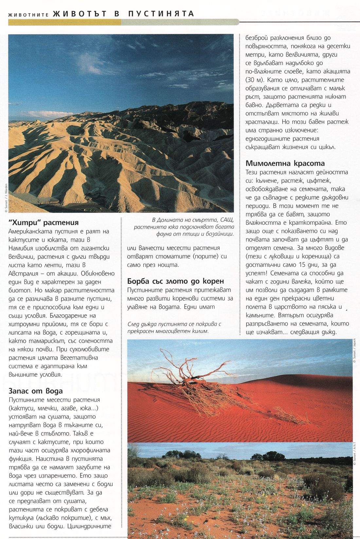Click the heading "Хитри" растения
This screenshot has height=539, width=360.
point(43,222)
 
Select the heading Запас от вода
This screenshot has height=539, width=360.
point(35,391)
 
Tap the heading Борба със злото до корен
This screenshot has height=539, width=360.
point(175,281)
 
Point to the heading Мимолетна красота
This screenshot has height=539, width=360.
point(285,163)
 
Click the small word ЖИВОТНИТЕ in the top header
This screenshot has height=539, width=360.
point(28,15)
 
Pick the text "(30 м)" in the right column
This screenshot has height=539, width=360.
point(255,80)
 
